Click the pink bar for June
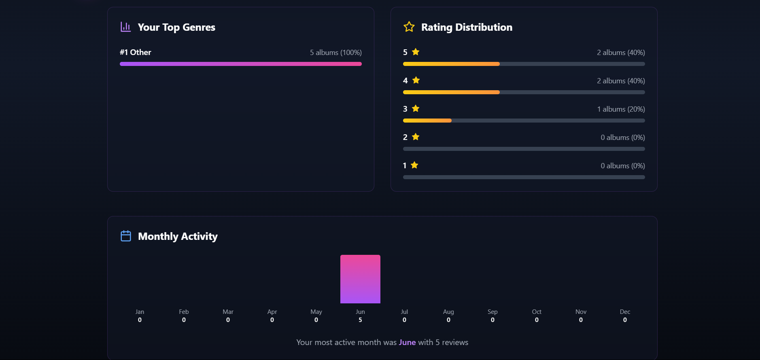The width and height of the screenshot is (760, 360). (x=360, y=279)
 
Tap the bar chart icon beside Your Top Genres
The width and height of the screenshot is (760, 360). (x=125, y=27)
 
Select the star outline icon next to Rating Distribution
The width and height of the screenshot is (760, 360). (x=409, y=27)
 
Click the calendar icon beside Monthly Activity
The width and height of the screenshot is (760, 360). (x=126, y=236)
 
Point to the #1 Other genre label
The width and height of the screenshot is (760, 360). (x=135, y=52)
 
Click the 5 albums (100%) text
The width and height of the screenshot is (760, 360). (x=335, y=53)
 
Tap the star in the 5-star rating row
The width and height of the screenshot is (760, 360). (x=416, y=52)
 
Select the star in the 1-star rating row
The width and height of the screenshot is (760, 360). (x=414, y=165)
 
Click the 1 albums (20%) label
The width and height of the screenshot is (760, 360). (x=621, y=109)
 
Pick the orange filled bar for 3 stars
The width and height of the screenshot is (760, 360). (x=427, y=121)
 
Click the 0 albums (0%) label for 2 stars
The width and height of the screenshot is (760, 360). (x=622, y=138)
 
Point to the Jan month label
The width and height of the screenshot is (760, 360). (x=140, y=312)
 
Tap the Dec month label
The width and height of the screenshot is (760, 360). (x=625, y=312)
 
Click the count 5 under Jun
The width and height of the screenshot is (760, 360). (x=360, y=320)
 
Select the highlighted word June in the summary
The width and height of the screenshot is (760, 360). (x=407, y=342)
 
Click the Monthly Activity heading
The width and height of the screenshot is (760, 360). (x=178, y=236)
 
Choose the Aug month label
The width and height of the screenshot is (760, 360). (x=448, y=312)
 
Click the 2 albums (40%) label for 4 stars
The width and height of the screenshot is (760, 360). (x=621, y=81)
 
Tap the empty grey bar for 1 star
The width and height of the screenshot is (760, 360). (x=524, y=177)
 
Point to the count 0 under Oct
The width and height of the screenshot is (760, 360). (x=537, y=320)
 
